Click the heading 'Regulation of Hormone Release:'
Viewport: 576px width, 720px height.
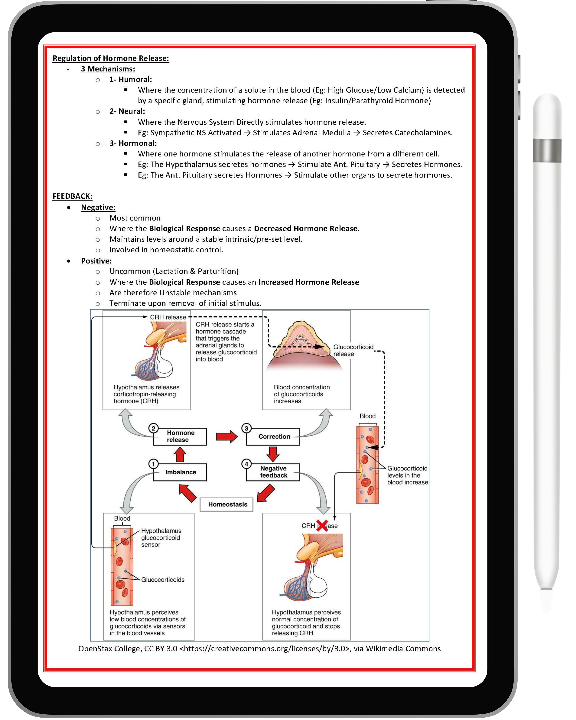pos(111,58)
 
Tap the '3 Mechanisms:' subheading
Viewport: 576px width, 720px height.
pos(108,69)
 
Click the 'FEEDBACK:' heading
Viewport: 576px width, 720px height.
pos(73,196)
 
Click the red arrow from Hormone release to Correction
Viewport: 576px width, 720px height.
pos(226,437)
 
